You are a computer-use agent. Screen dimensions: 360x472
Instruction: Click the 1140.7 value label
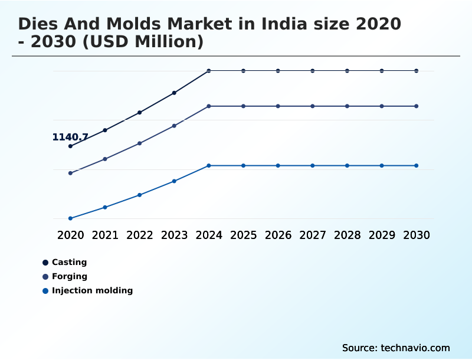pos(70,138)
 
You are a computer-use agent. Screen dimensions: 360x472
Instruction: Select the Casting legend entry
pos(69,262)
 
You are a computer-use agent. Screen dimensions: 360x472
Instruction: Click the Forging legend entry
pos(69,276)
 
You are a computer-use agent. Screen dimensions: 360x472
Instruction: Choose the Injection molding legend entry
pos(92,290)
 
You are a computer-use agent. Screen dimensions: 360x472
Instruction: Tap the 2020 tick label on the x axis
pos(70,235)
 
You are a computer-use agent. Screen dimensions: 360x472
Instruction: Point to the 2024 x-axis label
pos(209,235)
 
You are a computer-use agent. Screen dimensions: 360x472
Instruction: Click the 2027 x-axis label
pos(313,235)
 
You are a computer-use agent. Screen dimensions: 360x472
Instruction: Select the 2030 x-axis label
pos(417,235)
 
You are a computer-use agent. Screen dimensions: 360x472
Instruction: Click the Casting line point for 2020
pos(70,146)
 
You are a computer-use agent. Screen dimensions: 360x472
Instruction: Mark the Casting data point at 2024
pos(209,71)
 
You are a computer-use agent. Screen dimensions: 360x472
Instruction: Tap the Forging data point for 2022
pos(140,143)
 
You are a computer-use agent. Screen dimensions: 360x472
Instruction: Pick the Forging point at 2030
pos(417,106)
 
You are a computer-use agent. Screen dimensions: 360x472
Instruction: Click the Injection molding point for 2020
pos(70,218)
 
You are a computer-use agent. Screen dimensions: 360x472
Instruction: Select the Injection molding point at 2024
pos(209,166)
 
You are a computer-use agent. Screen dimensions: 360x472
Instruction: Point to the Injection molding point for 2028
pos(347,166)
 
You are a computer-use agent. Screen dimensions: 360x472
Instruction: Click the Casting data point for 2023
pos(174,93)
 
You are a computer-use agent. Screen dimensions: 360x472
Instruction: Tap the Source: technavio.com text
pos(396,348)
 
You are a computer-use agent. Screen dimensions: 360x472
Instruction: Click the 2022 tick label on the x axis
pos(140,235)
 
